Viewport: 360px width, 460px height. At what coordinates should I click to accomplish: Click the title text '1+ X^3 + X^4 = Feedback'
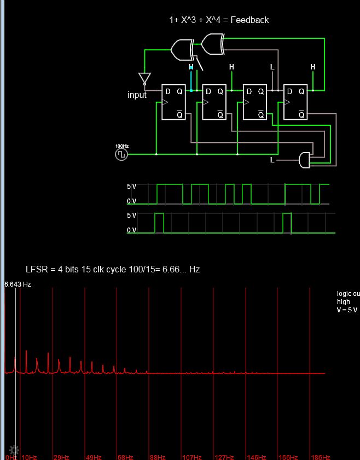(219, 20)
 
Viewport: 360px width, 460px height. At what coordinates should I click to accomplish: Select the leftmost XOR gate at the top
(182, 50)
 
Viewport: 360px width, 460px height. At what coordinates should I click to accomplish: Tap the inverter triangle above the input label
(144, 78)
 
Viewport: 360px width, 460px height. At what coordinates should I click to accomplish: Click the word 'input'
(137, 95)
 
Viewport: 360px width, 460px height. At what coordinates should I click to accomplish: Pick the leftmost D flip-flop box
(174, 102)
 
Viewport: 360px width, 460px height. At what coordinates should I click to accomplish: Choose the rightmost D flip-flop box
(295, 102)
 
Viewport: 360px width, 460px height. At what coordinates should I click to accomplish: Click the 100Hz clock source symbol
(121, 154)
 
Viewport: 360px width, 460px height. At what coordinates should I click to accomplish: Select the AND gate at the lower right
(304, 160)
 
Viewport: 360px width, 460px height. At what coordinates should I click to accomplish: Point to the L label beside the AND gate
(272, 160)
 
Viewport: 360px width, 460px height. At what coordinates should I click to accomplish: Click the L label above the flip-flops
(272, 67)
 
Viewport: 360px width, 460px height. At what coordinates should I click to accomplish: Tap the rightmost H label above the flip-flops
(313, 67)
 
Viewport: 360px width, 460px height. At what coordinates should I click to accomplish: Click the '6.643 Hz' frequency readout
(18, 284)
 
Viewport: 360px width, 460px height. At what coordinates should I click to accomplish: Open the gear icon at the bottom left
(14, 450)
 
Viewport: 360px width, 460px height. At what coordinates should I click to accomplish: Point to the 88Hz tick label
(158, 457)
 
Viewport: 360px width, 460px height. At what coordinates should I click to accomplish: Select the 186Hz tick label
(321, 457)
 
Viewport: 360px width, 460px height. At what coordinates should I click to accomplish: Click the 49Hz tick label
(94, 457)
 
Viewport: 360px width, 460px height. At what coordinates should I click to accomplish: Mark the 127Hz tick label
(224, 457)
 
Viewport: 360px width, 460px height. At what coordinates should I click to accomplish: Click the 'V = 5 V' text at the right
(347, 310)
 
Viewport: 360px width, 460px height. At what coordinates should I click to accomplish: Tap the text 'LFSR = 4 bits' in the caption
(53, 270)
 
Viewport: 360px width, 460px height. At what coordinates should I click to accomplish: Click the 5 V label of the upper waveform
(131, 187)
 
